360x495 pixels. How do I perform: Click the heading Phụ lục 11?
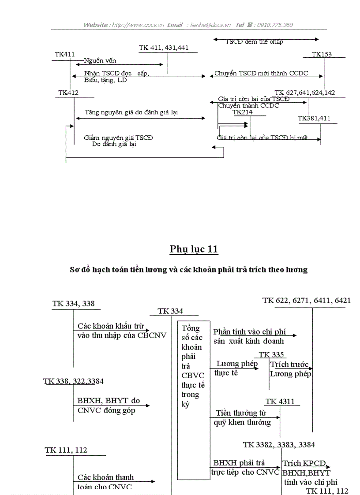(x=194, y=249)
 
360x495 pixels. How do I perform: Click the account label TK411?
(x=64, y=54)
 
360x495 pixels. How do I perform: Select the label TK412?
(x=68, y=93)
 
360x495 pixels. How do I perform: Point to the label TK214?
(x=243, y=112)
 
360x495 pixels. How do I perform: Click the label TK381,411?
(x=314, y=119)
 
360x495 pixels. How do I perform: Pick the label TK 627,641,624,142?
(x=304, y=93)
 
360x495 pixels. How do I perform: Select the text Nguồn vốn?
(x=100, y=61)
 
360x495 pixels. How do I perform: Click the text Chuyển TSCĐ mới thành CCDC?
(x=261, y=73)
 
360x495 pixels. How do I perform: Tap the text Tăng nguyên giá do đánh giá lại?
(x=131, y=112)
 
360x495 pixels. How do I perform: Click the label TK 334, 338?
(x=73, y=304)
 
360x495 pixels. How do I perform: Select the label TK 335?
(x=271, y=354)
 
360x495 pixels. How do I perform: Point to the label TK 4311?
(x=280, y=402)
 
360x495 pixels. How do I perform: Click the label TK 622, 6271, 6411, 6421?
(x=307, y=301)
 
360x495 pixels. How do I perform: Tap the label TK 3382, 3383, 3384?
(x=279, y=445)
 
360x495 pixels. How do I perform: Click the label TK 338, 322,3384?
(x=73, y=381)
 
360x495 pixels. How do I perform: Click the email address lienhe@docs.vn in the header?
(x=210, y=25)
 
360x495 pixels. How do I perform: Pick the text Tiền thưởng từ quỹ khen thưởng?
(x=243, y=417)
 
